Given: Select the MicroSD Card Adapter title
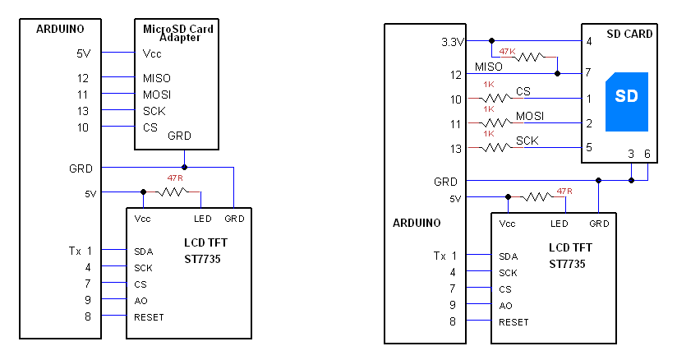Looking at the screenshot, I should (177, 33).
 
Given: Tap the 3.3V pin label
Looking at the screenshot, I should (453, 41).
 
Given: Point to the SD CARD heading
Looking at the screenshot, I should (629, 35).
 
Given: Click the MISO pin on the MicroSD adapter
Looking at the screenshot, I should (156, 79).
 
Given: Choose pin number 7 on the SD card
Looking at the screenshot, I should (588, 73).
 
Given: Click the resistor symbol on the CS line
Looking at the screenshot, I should (495, 99).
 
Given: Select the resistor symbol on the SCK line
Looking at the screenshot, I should (495, 148).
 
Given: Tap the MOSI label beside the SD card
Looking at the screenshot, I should (530, 115).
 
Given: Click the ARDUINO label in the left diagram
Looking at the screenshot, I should (60, 29).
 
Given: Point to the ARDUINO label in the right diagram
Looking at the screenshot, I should (417, 223).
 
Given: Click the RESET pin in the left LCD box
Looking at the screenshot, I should (149, 317).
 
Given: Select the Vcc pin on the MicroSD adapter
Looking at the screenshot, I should (152, 53).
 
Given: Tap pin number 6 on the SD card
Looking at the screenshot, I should (647, 154).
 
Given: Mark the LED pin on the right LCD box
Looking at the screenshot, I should (560, 224).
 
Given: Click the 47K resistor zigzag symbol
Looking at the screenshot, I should (530, 58).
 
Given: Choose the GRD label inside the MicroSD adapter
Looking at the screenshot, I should (181, 136).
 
